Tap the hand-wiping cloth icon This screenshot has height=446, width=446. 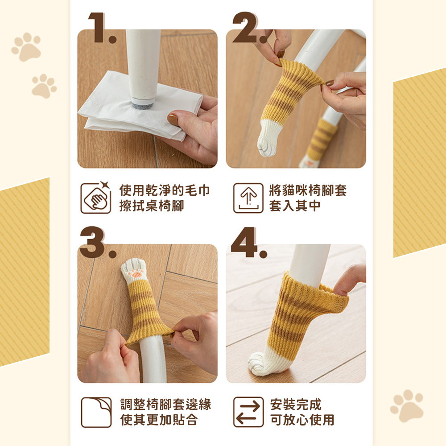pos(96,198)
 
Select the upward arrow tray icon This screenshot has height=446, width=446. pos(248,198)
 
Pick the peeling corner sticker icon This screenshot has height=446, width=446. pos(96,413)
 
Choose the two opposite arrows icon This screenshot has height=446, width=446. pos(248,412)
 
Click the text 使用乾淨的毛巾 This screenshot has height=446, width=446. pos(165,190)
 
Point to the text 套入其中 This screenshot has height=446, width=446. pos(295,206)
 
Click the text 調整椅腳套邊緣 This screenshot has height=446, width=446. pos(165,405)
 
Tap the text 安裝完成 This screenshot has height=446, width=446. pos(296,405)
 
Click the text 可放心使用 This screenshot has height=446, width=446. pos(302,420)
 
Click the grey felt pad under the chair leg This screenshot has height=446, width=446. pos(143,104)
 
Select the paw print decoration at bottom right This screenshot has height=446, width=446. pos(407,405)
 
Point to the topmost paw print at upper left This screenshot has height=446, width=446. pos(26,47)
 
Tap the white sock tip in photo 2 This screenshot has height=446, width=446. pos(269,138)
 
